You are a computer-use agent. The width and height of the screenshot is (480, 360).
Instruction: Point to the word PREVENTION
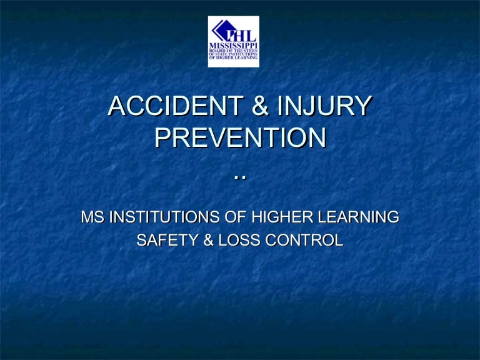pos(240,138)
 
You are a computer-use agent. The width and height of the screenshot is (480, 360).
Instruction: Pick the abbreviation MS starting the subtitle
pos(92,218)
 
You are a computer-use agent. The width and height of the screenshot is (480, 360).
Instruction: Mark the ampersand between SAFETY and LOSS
pos(206,239)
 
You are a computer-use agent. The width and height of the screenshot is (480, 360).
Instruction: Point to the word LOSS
pos(237,239)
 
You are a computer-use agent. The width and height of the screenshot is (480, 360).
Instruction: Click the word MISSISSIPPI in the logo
pos(233,45)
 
